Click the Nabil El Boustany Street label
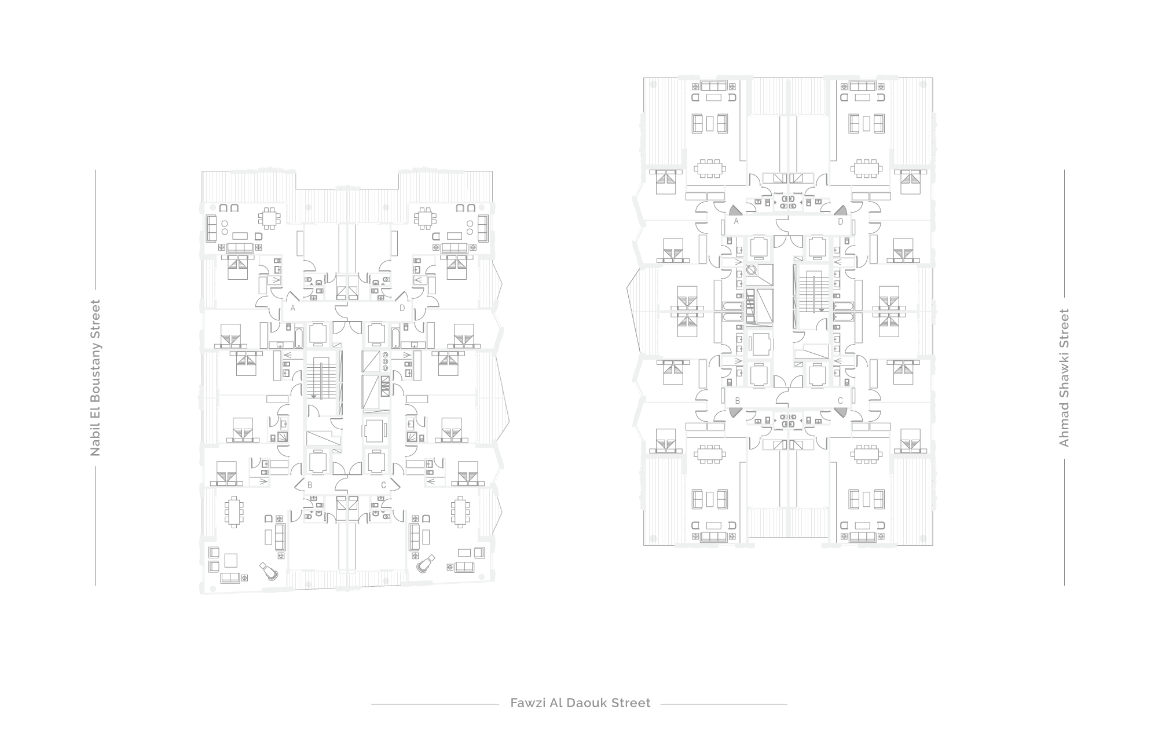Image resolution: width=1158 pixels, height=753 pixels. pos(96,378)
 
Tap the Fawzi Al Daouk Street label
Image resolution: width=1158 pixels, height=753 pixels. pos(580,703)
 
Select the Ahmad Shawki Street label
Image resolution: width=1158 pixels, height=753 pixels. pos(1064,378)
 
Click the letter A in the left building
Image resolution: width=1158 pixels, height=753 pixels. pos(293,309)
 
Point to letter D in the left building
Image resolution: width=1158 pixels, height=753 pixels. pos(402,309)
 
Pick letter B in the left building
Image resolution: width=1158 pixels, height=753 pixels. pos(310,485)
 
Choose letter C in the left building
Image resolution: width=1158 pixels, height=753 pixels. pos(384,485)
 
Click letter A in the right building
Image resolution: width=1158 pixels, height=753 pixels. pos(736,221)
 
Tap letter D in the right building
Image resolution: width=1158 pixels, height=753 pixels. pos(841,221)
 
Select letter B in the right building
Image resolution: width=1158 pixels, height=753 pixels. pos(738,400)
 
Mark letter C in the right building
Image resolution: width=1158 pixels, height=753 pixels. pos(840,400)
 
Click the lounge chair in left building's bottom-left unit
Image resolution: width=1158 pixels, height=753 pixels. pos(269,572)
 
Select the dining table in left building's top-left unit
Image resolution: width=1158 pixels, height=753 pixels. pos(269,218)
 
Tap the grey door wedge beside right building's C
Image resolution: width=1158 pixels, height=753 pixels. pos(840,412)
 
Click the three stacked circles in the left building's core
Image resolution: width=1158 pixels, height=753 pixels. pos(384,361)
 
